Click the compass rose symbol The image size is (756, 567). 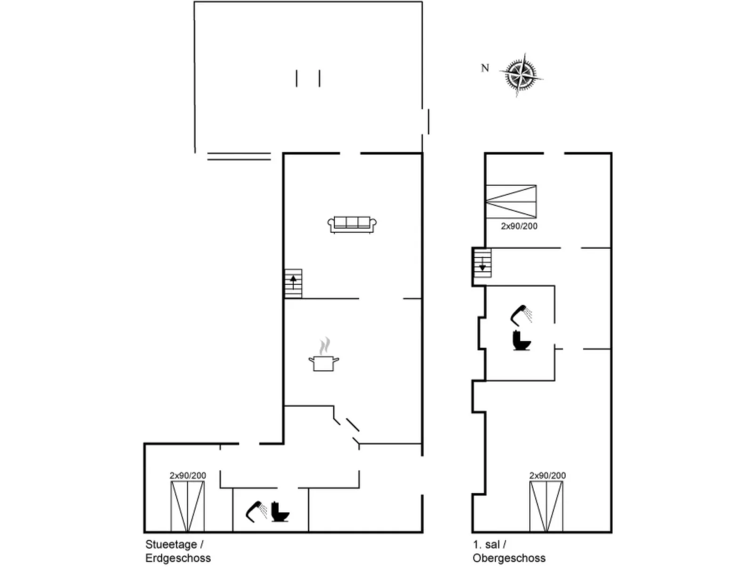(x=520, y=75)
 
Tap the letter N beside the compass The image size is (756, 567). (x=485, y=68)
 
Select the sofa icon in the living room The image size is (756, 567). (x=352, y=224)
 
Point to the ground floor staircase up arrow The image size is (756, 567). (x=293, y=282)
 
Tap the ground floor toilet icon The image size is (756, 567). (x=280, y=512)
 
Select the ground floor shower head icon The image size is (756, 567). (x=256, y=511)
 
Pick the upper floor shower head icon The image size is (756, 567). (x=521, y=315)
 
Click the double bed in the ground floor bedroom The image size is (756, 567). (x=187, y=506)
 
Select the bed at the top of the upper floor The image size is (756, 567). (x=511, y=201)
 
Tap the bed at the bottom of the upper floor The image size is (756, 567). (x=546, y=506)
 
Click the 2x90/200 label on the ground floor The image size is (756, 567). (x=188, y=476)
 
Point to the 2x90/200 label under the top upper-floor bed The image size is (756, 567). (x=519, y=226)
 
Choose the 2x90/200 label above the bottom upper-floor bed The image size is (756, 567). (x=547, y=476)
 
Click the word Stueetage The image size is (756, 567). (x=171, y=544)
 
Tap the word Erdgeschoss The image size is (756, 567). (x=178, y=558)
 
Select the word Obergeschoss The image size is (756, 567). (x=509, y=558)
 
